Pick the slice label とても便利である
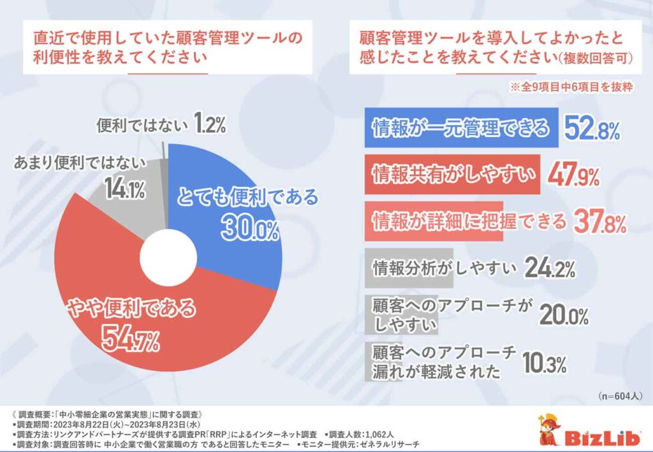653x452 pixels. click(248, 197)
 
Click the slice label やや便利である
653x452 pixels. click(132, 307)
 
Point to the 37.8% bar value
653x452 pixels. click(599, 222)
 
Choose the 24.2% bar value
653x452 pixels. click(550, 268)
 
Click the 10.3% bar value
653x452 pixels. click(544, 363)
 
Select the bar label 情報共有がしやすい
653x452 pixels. click(453, 175)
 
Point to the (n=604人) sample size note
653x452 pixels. click(620, 396)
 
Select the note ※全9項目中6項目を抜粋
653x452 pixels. click(571, 87)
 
